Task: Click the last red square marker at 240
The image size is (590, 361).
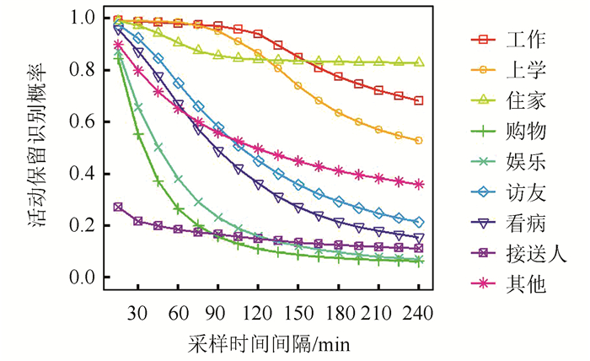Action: (x=419, y=100)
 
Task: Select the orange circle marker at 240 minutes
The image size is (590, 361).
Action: (x=419, y=140)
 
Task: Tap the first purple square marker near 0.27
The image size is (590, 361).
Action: (x=118, y=207)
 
